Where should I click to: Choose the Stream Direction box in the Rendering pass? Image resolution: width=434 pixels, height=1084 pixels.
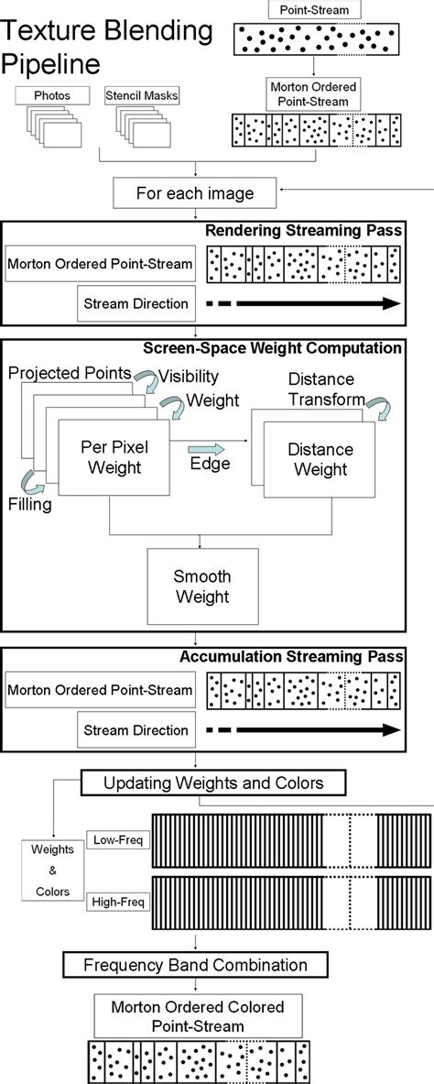(135, 301)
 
